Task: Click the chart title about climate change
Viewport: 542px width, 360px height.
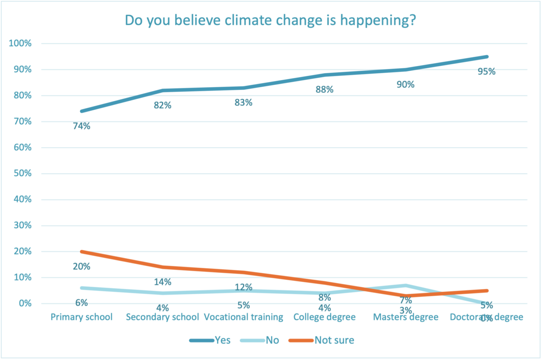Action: click(x=270, y=20)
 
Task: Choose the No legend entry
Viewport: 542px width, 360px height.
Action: click(x=272, y=340)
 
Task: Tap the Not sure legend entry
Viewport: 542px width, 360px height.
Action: click(x=334, y=340)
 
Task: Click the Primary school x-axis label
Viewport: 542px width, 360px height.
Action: click(x=81, y=317)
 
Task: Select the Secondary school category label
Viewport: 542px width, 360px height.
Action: click(x=162, y=317)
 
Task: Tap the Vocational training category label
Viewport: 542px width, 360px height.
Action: click(x=243, y=317)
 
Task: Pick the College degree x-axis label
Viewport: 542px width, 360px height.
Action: click(x=324, y=317)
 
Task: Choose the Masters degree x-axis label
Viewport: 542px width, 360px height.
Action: click(x=406, y=317)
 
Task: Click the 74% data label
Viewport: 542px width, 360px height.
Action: click(x=81, y=126)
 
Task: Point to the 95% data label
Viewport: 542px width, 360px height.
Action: click(x=487, y=71)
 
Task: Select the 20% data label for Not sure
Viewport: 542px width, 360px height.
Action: click(x=81, y=266)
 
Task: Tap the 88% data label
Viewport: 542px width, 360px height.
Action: click(x=324, y=89)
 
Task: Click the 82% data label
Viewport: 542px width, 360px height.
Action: click(x=162, y=105)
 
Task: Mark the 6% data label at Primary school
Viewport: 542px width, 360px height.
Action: click(x=81, y=303)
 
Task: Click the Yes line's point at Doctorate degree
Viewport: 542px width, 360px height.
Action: click(x=487, y=57)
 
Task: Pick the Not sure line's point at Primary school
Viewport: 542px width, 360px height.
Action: click(x=81, y=252)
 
